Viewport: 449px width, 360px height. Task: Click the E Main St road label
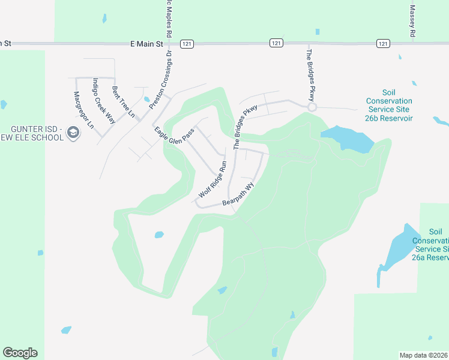(146, 44)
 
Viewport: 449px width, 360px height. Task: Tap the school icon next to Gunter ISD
(73, 133)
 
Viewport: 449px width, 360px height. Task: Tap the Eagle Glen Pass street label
(175, 133)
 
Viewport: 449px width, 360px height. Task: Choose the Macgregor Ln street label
(83, 110)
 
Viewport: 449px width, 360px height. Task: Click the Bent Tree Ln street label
(122, 101)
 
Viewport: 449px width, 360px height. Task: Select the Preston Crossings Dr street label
(161, 79)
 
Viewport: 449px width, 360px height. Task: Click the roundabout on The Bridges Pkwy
(312, 107)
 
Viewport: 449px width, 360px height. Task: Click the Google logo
(20, 353)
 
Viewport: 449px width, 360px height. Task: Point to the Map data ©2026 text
(423, 355)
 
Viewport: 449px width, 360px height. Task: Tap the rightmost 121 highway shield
(383, 43)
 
